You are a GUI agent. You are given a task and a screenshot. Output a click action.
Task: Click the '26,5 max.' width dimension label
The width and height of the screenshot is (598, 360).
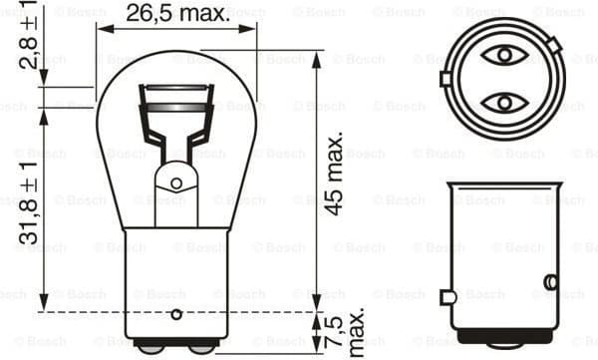(176, 13)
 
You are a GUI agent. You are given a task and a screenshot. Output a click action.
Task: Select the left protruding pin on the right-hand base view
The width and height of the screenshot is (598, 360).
(448, 296)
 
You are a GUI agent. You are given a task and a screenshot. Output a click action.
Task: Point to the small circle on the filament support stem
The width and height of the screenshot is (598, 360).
(176, 183)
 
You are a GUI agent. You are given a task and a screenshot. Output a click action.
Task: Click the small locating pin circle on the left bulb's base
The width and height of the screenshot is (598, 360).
(176, 315)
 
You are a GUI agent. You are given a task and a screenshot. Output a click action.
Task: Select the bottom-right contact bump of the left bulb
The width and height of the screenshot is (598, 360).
(200, 347)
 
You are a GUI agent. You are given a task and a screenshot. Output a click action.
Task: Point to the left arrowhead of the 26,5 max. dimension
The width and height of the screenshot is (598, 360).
(103, 28)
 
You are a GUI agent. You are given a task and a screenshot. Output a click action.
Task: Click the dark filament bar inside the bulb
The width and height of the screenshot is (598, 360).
(176, 106)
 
